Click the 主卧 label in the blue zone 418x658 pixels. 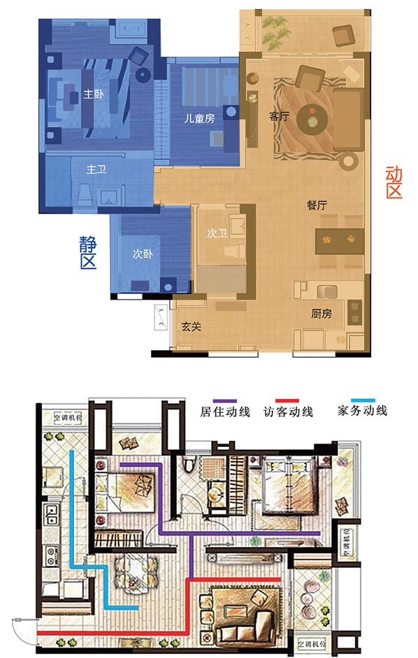[92, 94]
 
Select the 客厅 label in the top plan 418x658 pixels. [279, 117]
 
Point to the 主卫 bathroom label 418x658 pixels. [96, 169]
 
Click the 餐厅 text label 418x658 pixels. [317, 205]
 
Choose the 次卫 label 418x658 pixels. [217, 234]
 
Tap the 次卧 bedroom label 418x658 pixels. [142, 254]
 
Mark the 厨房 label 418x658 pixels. [321, 314]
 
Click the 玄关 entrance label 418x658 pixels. [192, 326]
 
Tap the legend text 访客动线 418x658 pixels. [290, 411]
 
